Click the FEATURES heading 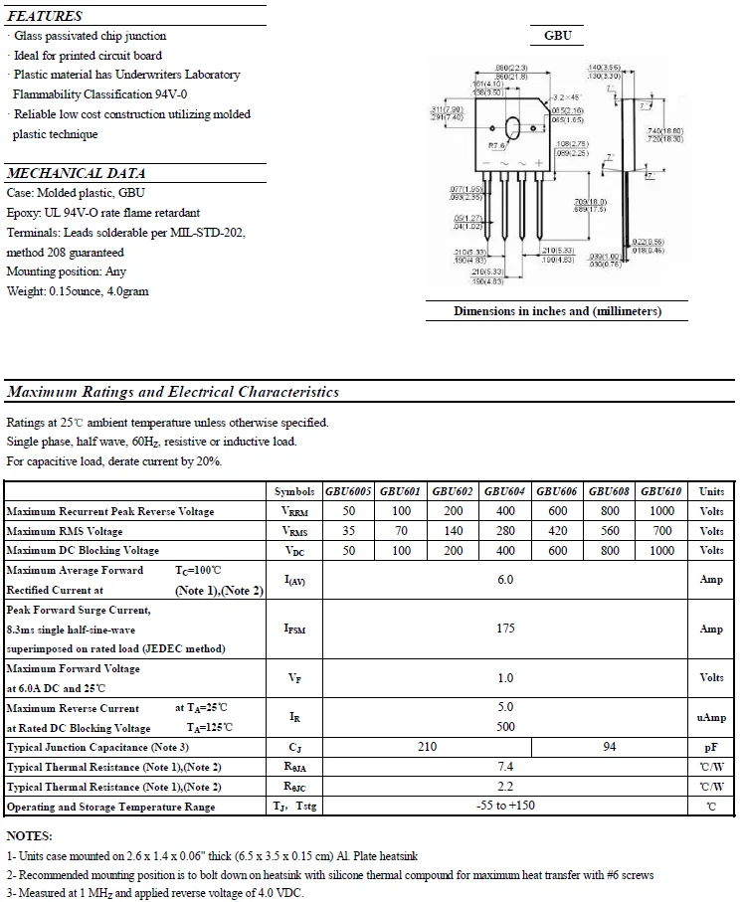click(45, 16)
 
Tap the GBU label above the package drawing click(557, 36)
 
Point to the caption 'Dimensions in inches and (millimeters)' click(557, 311)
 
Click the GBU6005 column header click(348, 491)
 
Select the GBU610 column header click(661, 491)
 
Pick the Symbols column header click(294, 491)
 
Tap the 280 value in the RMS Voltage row click(505, 531)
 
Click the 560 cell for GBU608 click(610, 531)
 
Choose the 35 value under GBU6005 click(348, 531)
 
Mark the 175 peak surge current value click(505, 629)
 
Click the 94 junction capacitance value click(610, 747)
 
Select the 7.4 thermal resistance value click(505, 767)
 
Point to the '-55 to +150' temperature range click(505, 806)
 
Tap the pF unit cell click(711, 747)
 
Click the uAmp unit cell click(711, 717)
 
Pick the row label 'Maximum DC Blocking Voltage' click(83, 551)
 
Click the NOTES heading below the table click(30, 836)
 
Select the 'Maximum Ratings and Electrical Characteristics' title click(173, 392)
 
